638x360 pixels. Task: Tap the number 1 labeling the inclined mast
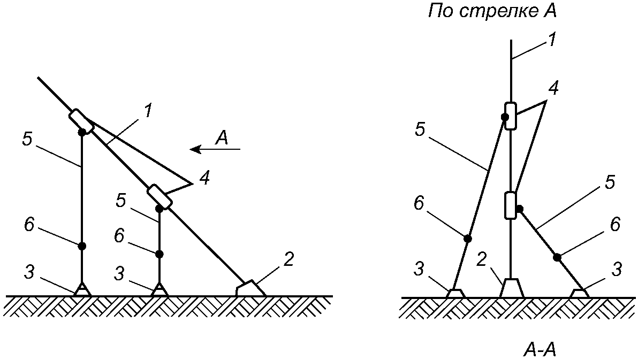pyautogui.click(x=148, y=111)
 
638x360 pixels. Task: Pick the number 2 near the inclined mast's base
pyautogui.click(x=288, y=260)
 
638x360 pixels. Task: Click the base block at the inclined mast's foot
pyautogui.click(x=250, y=288)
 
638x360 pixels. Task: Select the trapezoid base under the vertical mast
pyautogui.click(x=512, y=288)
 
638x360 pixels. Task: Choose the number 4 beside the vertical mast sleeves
pyautogui.click(x=555, y=89)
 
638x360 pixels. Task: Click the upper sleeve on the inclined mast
pyautogui.click(x=82, y=122)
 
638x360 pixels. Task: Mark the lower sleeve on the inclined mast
pyautogui.click(x=160, y=197)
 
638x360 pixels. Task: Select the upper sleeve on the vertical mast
pyautogui.click(x=511, y=116)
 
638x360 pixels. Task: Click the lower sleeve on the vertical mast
pyautogui.click(x=511, y=205)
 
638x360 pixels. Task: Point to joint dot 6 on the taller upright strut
pyautogui.click(x=82, y=246)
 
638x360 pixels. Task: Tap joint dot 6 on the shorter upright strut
pyautogui.click(x=159, y=254)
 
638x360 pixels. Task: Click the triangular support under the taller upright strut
pyautogui.click(x=82, y=289)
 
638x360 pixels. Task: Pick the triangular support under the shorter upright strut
pyautogui.click(x=159, y=289)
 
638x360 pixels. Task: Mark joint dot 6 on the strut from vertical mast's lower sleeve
pyautogui.click(x=557, y=258)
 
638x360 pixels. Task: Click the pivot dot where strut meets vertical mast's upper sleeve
pyautogui.click(x=505, y=117)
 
